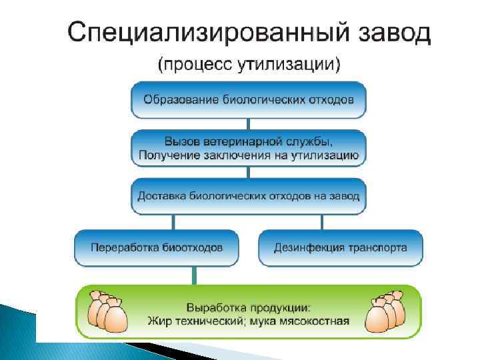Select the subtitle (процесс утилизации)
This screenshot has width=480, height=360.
pyautogui.click(x=249, y=65)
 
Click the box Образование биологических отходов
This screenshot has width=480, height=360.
pyautogui.click(x=248, y=100)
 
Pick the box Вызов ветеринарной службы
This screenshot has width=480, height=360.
pyautogui.click(x=248, y=149)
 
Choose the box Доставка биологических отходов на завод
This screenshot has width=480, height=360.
pyautogui.click(x=248, y=196)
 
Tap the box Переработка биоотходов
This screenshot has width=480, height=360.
pyautogui.click(x=157, y=248)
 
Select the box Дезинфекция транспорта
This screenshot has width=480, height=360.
pyautogui.click(x=340, y=248)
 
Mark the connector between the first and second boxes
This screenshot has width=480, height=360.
pyautogui.click(x=248, y=123)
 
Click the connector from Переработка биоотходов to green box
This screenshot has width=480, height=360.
pyautogui.click(x=194, y=274)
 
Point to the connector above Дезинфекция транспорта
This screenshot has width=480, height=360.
pyautogui.click(x=323, y=221)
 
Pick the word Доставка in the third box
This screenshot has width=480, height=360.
pyautogui.click(x=159, y=196)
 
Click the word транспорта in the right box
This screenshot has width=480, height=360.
pyautogui.click(x=377, y=248)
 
